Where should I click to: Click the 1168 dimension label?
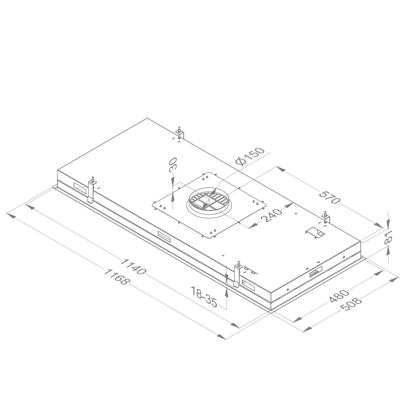click(116, 277)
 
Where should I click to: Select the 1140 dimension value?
click(133, 266)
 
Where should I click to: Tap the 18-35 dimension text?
click(204, 296)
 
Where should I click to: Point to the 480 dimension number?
click(339, 296)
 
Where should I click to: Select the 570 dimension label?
click(330, 197)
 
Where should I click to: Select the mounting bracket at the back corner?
click(179, 133)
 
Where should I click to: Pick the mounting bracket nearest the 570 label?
click(326, 218)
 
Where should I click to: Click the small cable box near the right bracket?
click(315, 233)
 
